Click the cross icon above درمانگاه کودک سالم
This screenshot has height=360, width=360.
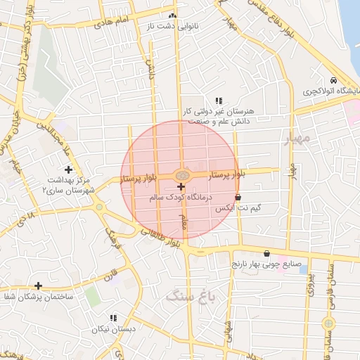(181, 187)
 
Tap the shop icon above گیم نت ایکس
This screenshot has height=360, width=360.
(238, 198)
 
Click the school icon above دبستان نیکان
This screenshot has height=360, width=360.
(113, 318)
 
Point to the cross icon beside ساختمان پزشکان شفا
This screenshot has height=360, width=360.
(38, 285)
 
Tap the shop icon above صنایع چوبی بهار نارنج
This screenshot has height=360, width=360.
(266, 253)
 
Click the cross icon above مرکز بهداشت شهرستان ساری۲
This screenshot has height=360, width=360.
(68, 169)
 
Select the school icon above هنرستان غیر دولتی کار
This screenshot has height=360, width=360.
(219, 101)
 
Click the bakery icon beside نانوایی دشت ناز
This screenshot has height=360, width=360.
(173, 15)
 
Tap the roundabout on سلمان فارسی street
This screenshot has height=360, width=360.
(328, 323)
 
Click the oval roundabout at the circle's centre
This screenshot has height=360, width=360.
(181, 174)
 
